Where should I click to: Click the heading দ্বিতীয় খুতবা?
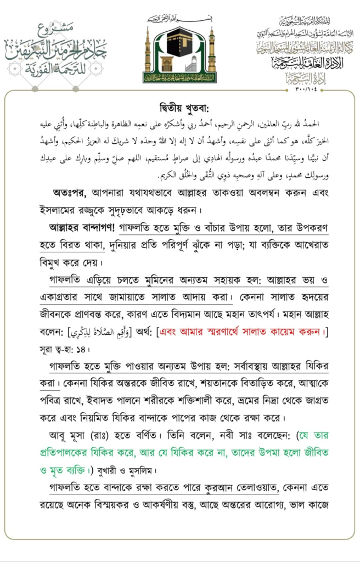pyautogui.click(x=179, y=106)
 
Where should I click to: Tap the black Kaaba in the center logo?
pyautogui.click(x=179, y=44)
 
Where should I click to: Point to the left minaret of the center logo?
pyautogui.click(x=147, y=52)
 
